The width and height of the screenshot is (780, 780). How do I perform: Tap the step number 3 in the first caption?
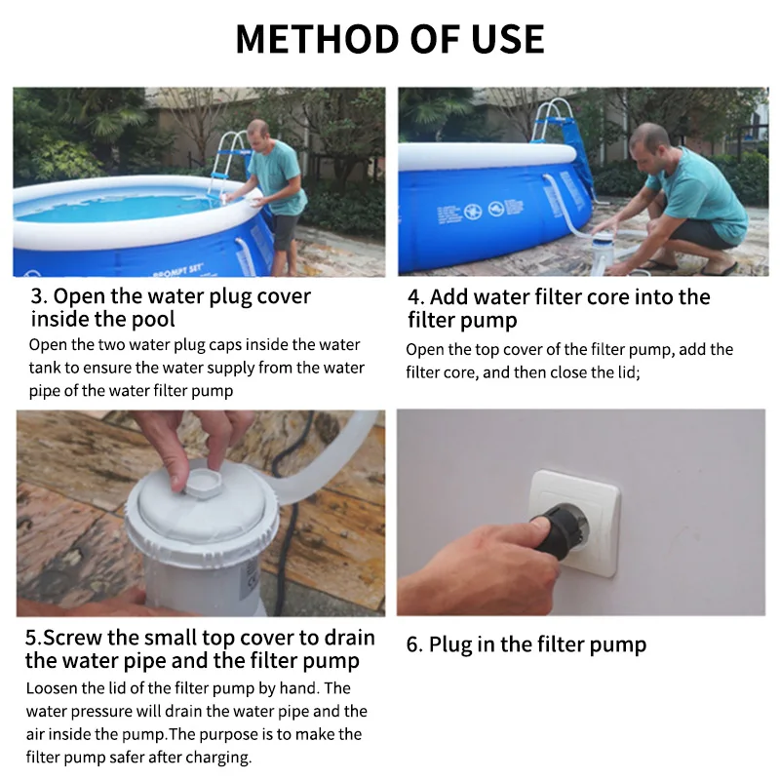click(x=36, y=296)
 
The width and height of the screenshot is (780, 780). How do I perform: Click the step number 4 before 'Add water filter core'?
click(x=413, y=297)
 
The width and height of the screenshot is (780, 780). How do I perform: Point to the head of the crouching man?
click(x=649, y=148)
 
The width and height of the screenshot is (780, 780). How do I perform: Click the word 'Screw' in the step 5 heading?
click(x=71, y=638)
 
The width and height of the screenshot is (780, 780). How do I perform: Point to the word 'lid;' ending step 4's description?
click(x=629, y=372)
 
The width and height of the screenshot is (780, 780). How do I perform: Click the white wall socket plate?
click(x=577, y=523)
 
